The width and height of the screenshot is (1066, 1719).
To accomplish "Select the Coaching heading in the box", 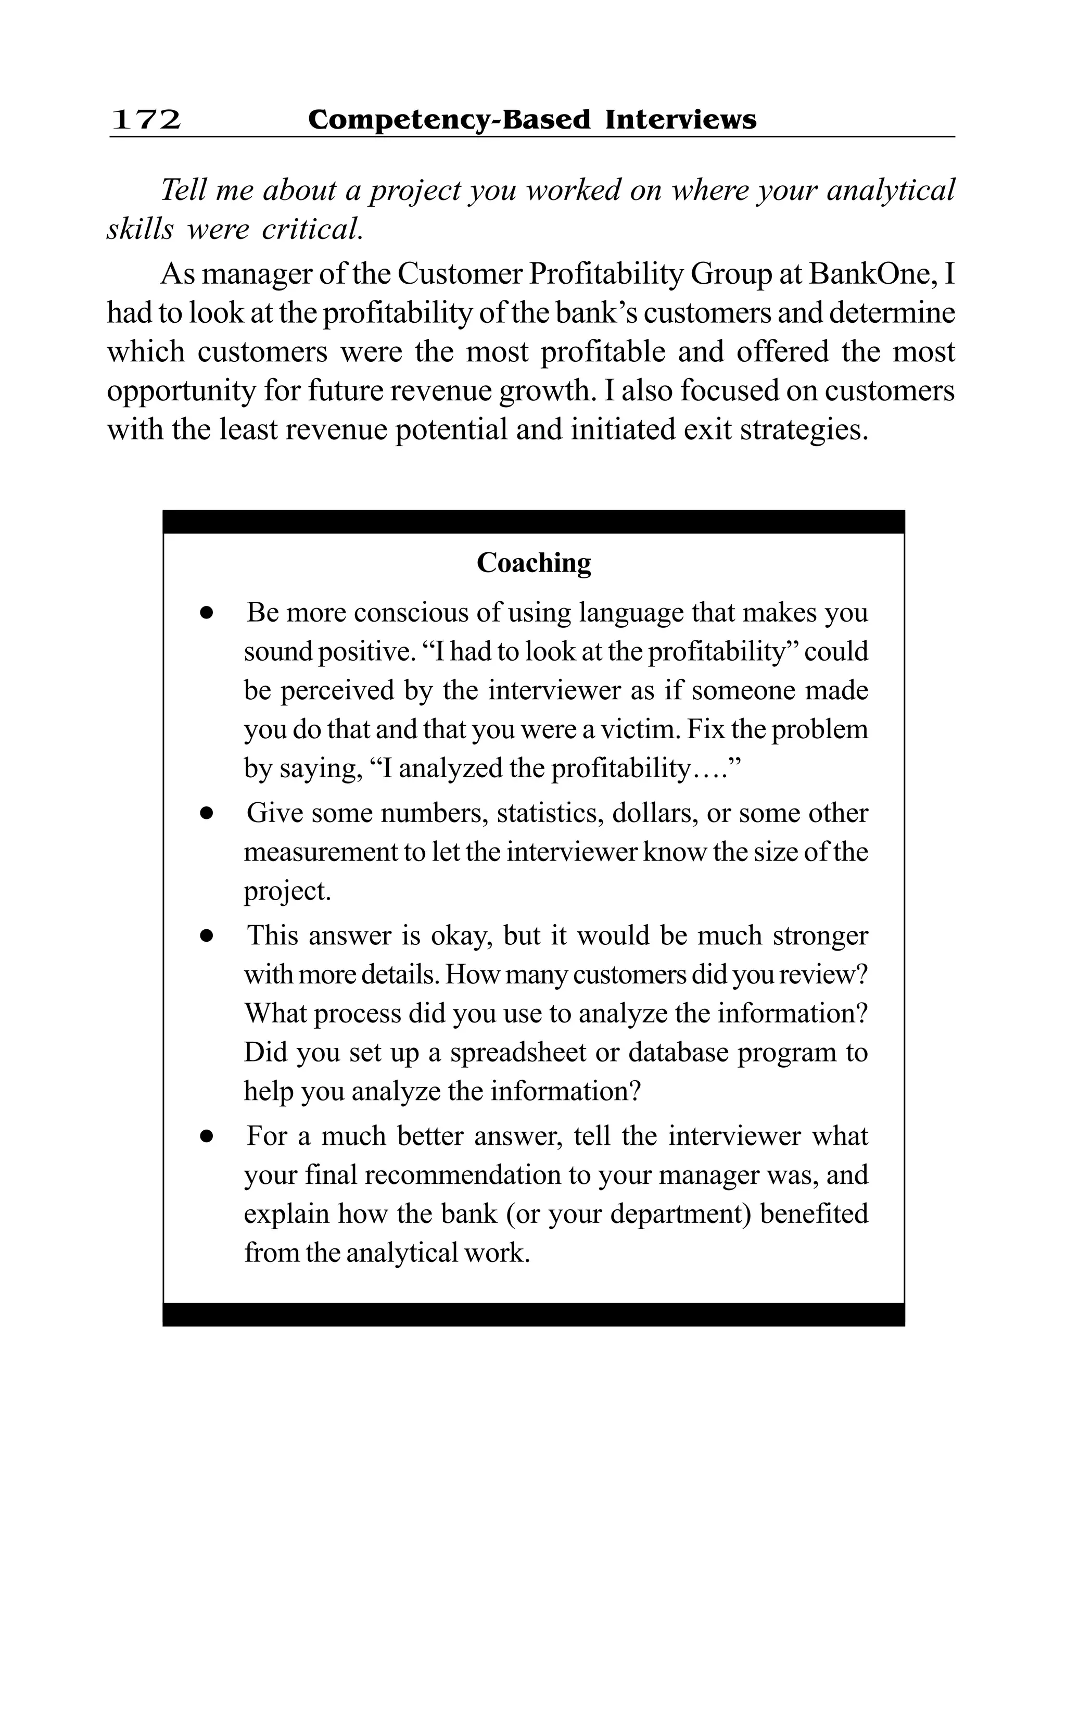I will [534, 563].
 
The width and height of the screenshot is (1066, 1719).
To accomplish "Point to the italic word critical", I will [312, 229].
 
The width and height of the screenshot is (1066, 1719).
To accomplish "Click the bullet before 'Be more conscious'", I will [206, 613].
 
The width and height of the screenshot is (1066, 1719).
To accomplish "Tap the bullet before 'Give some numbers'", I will [206, 813].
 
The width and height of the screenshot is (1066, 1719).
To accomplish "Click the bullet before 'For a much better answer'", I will [206, 1136].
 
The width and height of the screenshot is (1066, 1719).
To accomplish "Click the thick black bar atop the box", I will [534, 522].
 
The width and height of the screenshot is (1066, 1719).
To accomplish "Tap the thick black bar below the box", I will [534, 1314].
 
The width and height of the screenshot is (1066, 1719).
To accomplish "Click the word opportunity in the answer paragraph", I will [181, 390].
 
